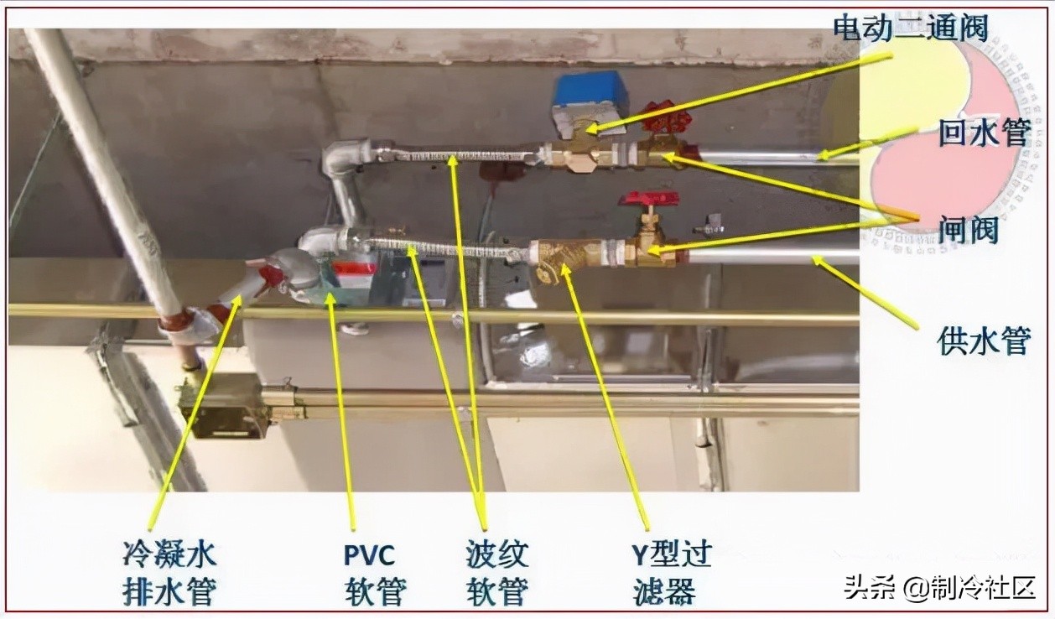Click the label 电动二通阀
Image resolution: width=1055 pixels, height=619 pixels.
(909, 28)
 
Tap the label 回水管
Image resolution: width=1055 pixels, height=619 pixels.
(982, 133)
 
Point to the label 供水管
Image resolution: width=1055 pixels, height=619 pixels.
(982, 341)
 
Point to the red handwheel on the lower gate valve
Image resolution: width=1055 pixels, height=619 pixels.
(648, 200)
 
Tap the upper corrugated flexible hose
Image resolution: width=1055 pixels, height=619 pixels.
(457, 156)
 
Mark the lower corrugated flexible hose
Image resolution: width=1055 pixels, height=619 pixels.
(444, 247)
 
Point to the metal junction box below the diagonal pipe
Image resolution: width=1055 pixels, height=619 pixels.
(223, 407)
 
